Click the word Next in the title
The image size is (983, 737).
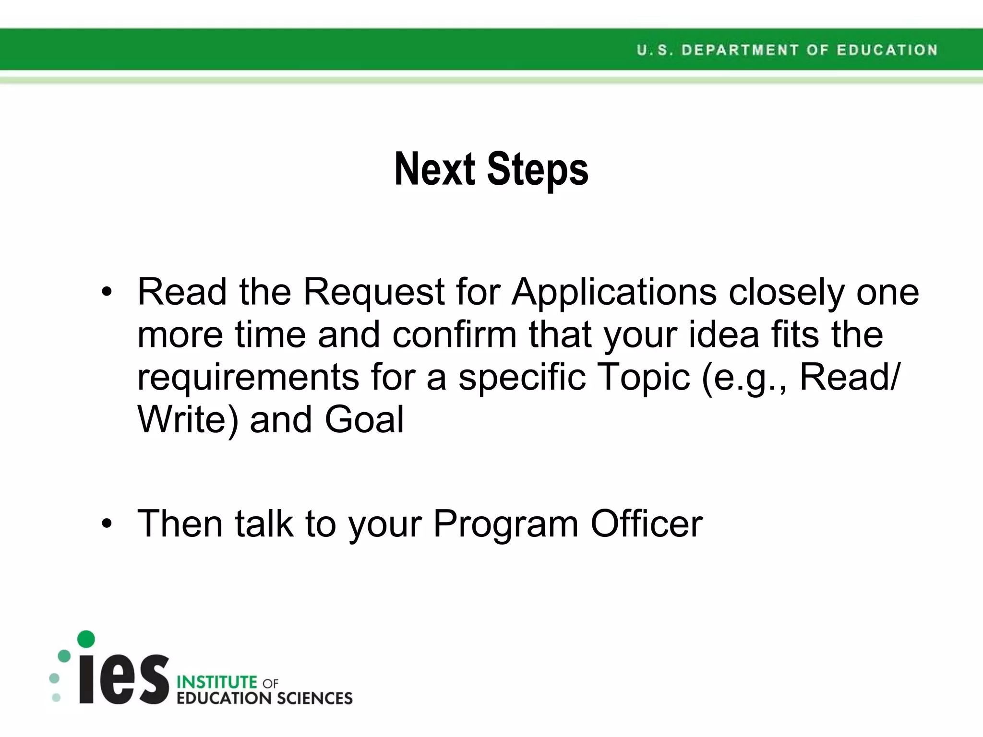click(x=434, y=169)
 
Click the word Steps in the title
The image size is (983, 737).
click(x=538, y=170)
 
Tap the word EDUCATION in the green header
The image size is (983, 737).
click(x=887, y=50)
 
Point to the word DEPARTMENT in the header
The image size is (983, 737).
click(x=740, y=50)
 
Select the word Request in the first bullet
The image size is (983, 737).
click(x=374, y=293)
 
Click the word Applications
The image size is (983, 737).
click(x=614, y=293)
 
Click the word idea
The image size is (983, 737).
click(x=724, y=334)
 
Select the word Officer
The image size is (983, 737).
click(x=647, y=523)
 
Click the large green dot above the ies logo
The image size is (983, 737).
click(x=86, y=639)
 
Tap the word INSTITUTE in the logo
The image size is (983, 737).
click(x=217, y=682)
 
